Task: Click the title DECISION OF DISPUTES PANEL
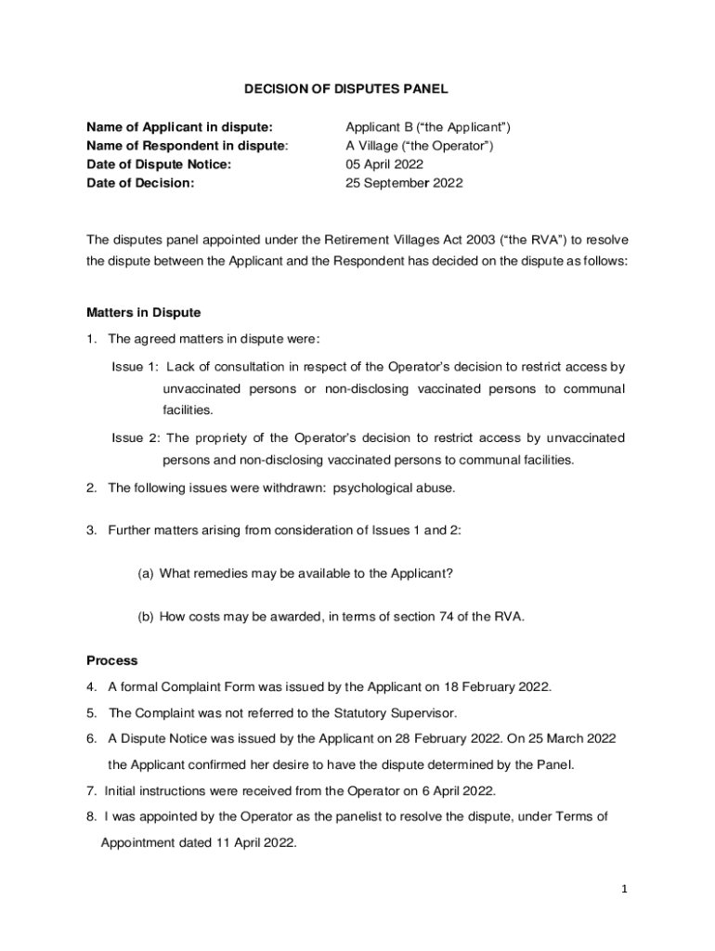(x=345, y=89)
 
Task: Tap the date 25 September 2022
(x=404, y=183)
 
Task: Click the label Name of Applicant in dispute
(x=179, y=127)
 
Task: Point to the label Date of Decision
(x=140, y=183)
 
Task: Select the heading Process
(x=111, y=660)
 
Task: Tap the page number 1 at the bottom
(x=625, y=889)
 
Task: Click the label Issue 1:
(x=136, y=367)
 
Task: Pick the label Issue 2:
(x=136, y=437)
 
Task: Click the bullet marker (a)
(x=146, y=573)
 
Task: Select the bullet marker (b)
(x=146, y=616)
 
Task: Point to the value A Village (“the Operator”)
(x=419, y=146)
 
